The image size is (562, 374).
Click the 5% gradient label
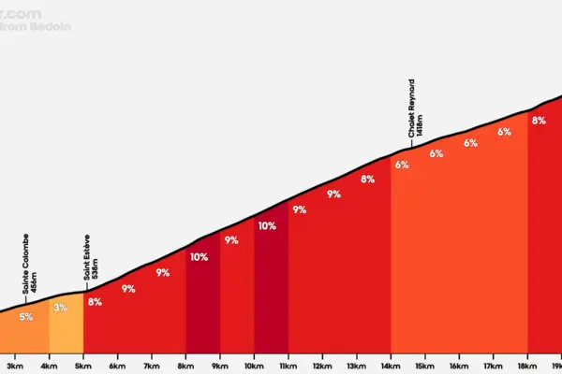pos(26,317)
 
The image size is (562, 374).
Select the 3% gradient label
pos(61,308)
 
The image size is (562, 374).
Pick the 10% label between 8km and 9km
pos(199,257)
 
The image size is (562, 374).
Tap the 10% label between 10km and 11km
pos(267,225)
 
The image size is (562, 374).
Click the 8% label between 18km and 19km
pos(539,121)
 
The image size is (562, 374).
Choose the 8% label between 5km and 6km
pos(95,302)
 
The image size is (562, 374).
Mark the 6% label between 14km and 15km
pos(402,165)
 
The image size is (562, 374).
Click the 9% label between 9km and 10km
pos(231,240)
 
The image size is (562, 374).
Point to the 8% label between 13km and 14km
pos(368,180)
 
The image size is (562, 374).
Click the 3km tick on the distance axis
pos(15,367)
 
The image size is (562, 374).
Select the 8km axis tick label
pos(185,367)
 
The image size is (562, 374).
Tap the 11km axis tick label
pos(288,367)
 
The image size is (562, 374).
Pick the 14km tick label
pos(391,367)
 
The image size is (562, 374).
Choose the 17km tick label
pos(494,367)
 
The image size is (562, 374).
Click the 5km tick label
pos(83,367)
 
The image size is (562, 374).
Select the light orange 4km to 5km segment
pos(66,327)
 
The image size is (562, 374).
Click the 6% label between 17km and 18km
pos(504,132)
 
